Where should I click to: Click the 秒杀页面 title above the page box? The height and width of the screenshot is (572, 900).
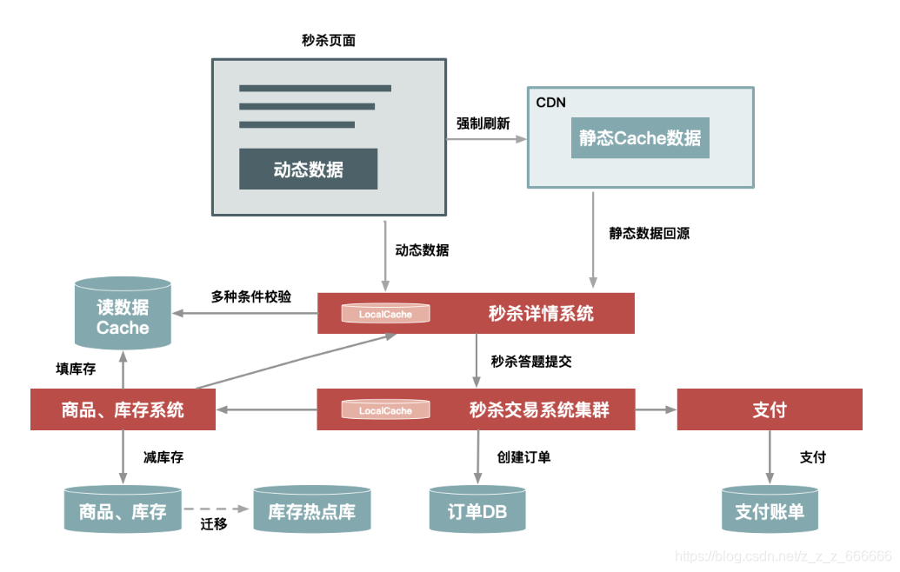[328, 41]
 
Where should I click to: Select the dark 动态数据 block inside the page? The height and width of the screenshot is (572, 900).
[308, 169]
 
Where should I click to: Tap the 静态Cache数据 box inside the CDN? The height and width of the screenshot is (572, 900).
[640, 137]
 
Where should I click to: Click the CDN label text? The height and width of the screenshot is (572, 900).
[550, 103]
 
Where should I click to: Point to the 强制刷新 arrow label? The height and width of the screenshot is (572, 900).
[483, 123]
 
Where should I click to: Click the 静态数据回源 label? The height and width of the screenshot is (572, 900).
[650, 233]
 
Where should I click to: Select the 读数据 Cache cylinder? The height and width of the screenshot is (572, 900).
[123, 316]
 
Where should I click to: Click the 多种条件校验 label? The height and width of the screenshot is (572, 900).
[251, 296]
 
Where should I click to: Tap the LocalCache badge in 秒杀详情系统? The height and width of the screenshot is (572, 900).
[385, 314]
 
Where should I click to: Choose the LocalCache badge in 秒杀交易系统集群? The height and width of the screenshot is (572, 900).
[385, 410]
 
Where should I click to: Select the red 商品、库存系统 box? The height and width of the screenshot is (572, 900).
[123, 409]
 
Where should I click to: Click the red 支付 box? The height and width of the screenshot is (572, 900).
[770, 409]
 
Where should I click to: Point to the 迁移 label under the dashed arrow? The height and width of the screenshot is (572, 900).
[213, 524]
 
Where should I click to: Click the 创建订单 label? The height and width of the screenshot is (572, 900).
[523, 456]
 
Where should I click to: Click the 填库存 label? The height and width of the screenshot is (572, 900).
[76, 369]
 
